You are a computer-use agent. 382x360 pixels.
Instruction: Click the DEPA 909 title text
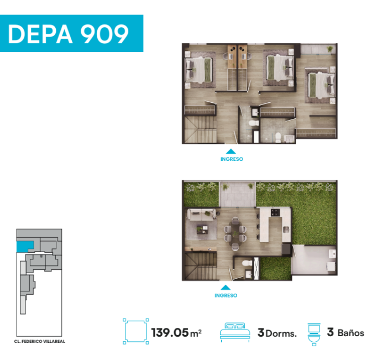tap(68, 34)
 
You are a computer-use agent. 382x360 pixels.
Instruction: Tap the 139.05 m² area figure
tap(176, 332)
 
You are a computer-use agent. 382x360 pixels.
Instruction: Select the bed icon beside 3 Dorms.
tap(235, 331)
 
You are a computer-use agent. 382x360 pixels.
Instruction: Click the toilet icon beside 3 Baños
tap(314, 334)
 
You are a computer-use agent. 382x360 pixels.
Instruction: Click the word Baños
tap(351, 333)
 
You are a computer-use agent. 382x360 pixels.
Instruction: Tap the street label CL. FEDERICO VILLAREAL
tap(39, 341)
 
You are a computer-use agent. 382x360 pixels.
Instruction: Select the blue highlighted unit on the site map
tap(24, 246)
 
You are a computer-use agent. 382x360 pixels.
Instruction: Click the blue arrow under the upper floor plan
tap(231, 152)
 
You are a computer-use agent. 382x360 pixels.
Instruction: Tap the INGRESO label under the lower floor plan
tap(226, 295)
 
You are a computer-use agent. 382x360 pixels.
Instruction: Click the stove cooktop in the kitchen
tap(275, 212)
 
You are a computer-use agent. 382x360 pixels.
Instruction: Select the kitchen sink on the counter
tap(286, 229)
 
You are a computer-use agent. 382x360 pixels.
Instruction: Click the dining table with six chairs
tap(235, 233)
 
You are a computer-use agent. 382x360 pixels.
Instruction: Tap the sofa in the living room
tap(201, 215)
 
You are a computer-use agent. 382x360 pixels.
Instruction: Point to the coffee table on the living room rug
tap(202, 229)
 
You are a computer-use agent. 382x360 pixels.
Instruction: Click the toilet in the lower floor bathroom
tap(247, 263)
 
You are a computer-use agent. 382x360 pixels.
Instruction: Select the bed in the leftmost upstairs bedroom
tap(199, 70)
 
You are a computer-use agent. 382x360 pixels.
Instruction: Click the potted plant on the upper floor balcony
tap(330, 49)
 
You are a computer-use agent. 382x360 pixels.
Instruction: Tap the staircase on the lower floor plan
tap(201, 266)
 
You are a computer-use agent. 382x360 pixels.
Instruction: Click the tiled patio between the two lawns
tap(238, 195)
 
